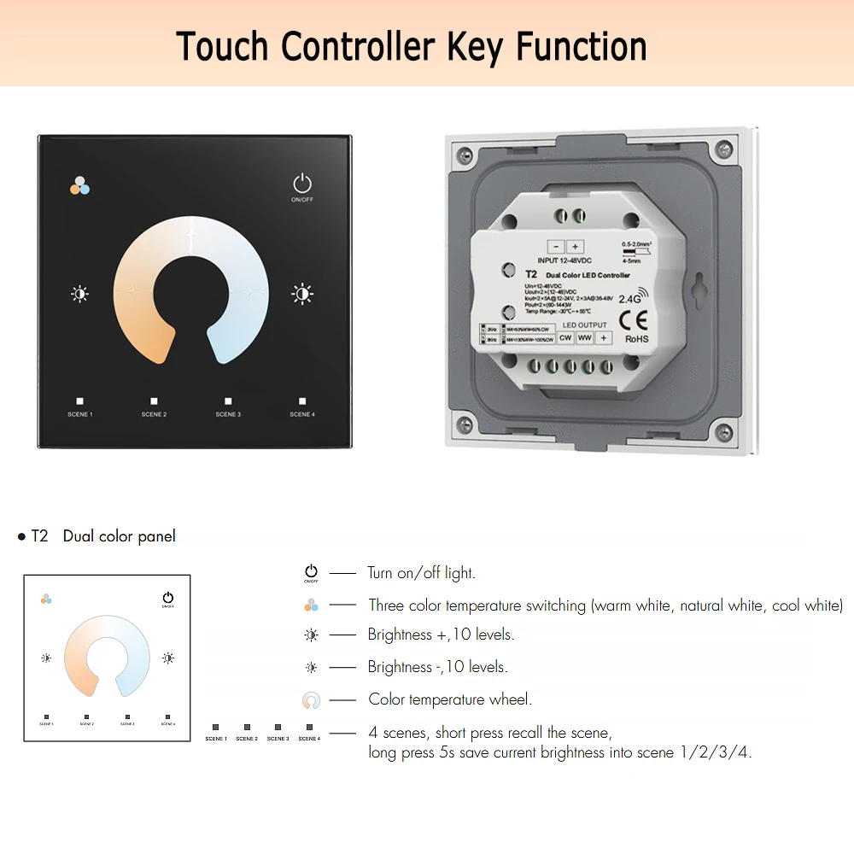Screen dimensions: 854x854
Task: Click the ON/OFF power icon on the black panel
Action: click(302, 184)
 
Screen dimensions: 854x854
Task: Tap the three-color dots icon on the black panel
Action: click(79, 185)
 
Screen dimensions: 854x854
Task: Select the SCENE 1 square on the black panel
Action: click(79, 401)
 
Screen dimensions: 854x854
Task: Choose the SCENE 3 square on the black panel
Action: click(228, 401)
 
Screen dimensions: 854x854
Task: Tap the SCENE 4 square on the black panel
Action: click(302, 401)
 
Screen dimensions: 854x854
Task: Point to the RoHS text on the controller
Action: click(637, 338)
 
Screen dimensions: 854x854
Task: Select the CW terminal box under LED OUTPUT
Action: click(565, 337)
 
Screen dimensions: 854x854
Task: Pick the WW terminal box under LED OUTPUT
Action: click(584, 337)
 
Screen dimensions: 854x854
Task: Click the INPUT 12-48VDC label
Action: click(564, 260)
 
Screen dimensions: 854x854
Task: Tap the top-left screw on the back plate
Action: click(464, 156)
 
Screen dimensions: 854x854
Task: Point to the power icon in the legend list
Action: click(311, 572)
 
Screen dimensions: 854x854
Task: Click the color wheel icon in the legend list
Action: click(311, 700)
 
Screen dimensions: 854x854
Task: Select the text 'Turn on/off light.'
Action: click(421, 573)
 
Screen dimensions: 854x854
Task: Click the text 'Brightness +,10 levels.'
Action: click(441, 635)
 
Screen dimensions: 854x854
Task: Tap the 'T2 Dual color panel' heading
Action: click(102, 536)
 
